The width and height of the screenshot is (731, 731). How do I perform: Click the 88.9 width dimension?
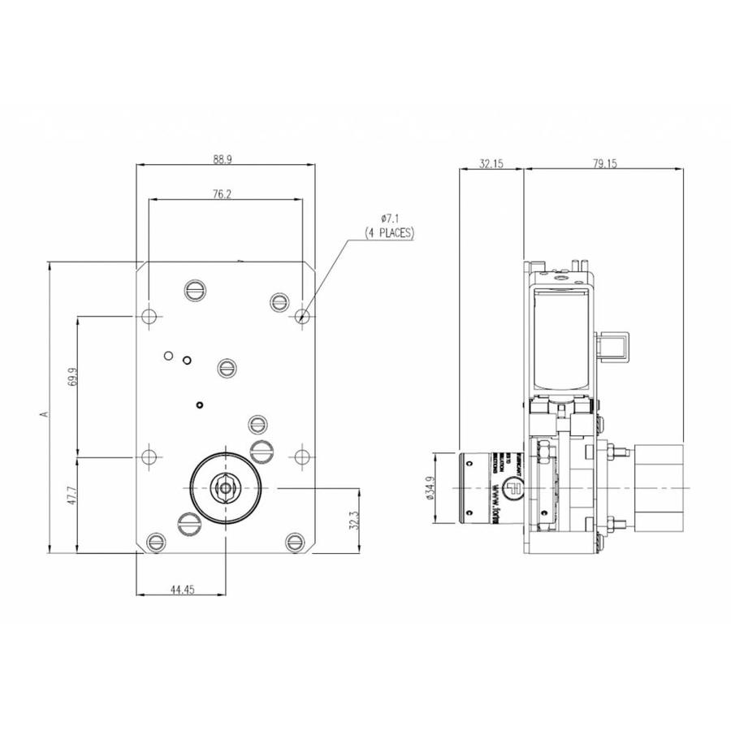(223, 160)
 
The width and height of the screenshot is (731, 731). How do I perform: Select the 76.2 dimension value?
(223, 194)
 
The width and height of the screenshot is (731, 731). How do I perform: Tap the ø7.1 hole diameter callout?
(391, 218)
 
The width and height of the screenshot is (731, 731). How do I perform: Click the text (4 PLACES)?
(390, 232)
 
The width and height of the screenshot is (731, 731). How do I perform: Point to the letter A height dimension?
(45, 413)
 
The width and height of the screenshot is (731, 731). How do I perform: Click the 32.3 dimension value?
(354, 521)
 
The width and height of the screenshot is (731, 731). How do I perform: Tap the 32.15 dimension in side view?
(491, 163)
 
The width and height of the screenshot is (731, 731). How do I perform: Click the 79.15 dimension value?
(604, 163)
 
